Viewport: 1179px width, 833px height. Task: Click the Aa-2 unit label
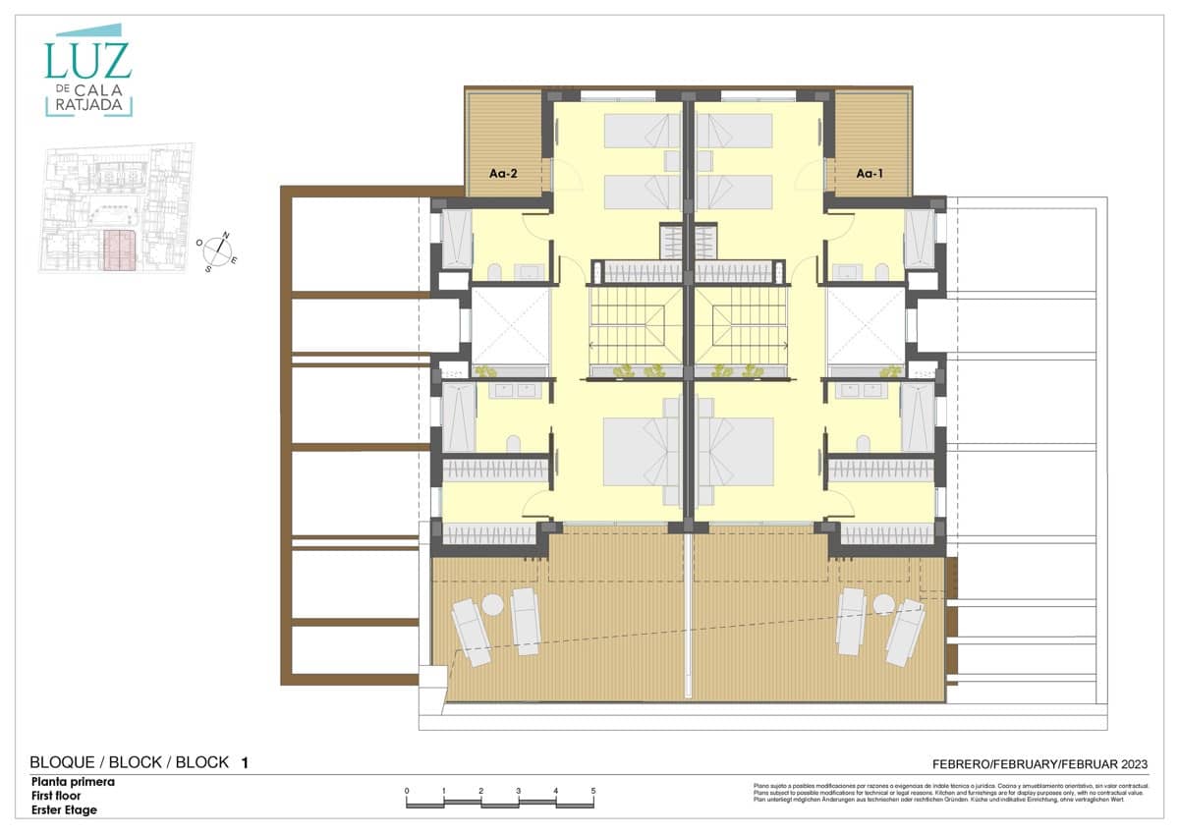click(x=503, y=173)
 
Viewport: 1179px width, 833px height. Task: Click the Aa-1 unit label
click(x=870, y=173)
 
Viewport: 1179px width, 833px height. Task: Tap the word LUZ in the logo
click(x=87, y=61)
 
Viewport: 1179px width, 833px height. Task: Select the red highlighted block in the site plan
click(x=119, y=250)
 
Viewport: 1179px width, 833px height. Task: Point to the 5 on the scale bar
click(x=593, y=791)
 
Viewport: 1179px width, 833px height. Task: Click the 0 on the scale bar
click(x=407, y=791)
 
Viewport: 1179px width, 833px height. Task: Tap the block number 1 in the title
click(x=245, y=762)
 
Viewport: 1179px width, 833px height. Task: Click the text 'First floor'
click(x=59, y=797)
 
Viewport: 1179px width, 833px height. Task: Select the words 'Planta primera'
click(x=73, y=783)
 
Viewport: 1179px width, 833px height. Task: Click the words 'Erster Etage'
click(x=64, y=810)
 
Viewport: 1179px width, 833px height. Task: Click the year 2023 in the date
click(x=1129, y=763)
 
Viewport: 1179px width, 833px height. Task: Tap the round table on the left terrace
click(x=492, y=606)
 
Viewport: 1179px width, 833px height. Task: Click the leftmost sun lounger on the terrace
click(x=471, y=633)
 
